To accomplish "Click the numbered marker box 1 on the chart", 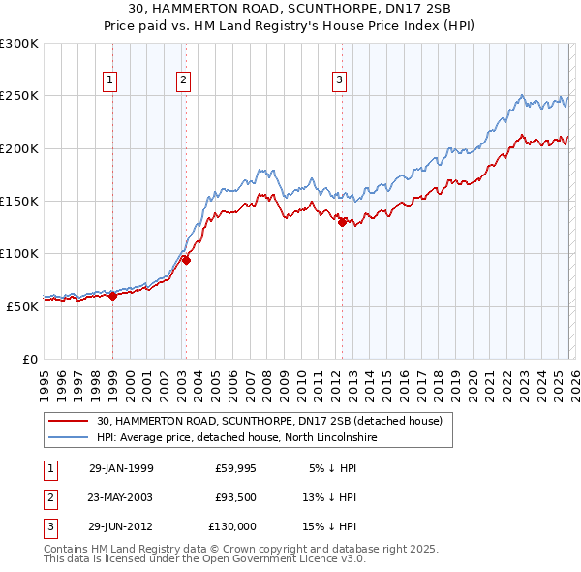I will click(111, 81).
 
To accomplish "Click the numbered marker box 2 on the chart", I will click(183, 81).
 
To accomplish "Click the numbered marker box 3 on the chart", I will click(340, 81).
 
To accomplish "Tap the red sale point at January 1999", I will click(112, 296).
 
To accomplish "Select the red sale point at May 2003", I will click(186, 260).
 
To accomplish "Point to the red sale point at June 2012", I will click(342, 222).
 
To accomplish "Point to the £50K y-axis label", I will click(22, 306).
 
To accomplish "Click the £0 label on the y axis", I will click(30, 359).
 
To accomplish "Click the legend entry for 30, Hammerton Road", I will click(268, 422).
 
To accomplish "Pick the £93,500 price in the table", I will click(235, 497).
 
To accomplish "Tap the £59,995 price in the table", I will click(235, 468).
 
